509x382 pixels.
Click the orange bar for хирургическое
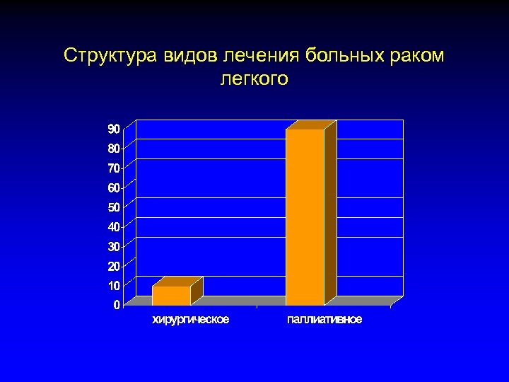(x=171, y=295)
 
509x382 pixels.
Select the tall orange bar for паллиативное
(x=305, y=216)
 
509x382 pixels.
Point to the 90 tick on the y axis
(x=113, y=129)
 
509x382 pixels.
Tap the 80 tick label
(x=113, y=149)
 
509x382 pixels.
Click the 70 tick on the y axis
(x=113, y=168)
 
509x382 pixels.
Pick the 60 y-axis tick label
(x=113, y=187)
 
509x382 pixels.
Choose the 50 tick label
(x=113, y=207)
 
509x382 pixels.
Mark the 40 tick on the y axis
(x=113, y=227)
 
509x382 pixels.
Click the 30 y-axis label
(x=113, y=246)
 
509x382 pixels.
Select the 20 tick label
(x=113, y=266)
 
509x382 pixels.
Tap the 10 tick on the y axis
(x=113, y=285)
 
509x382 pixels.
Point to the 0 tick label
(x=116, y=305)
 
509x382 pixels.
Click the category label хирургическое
(x=191, y=320)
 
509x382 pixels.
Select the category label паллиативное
(x=324, y=320)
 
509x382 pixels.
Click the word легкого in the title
(x=255, y=79)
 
